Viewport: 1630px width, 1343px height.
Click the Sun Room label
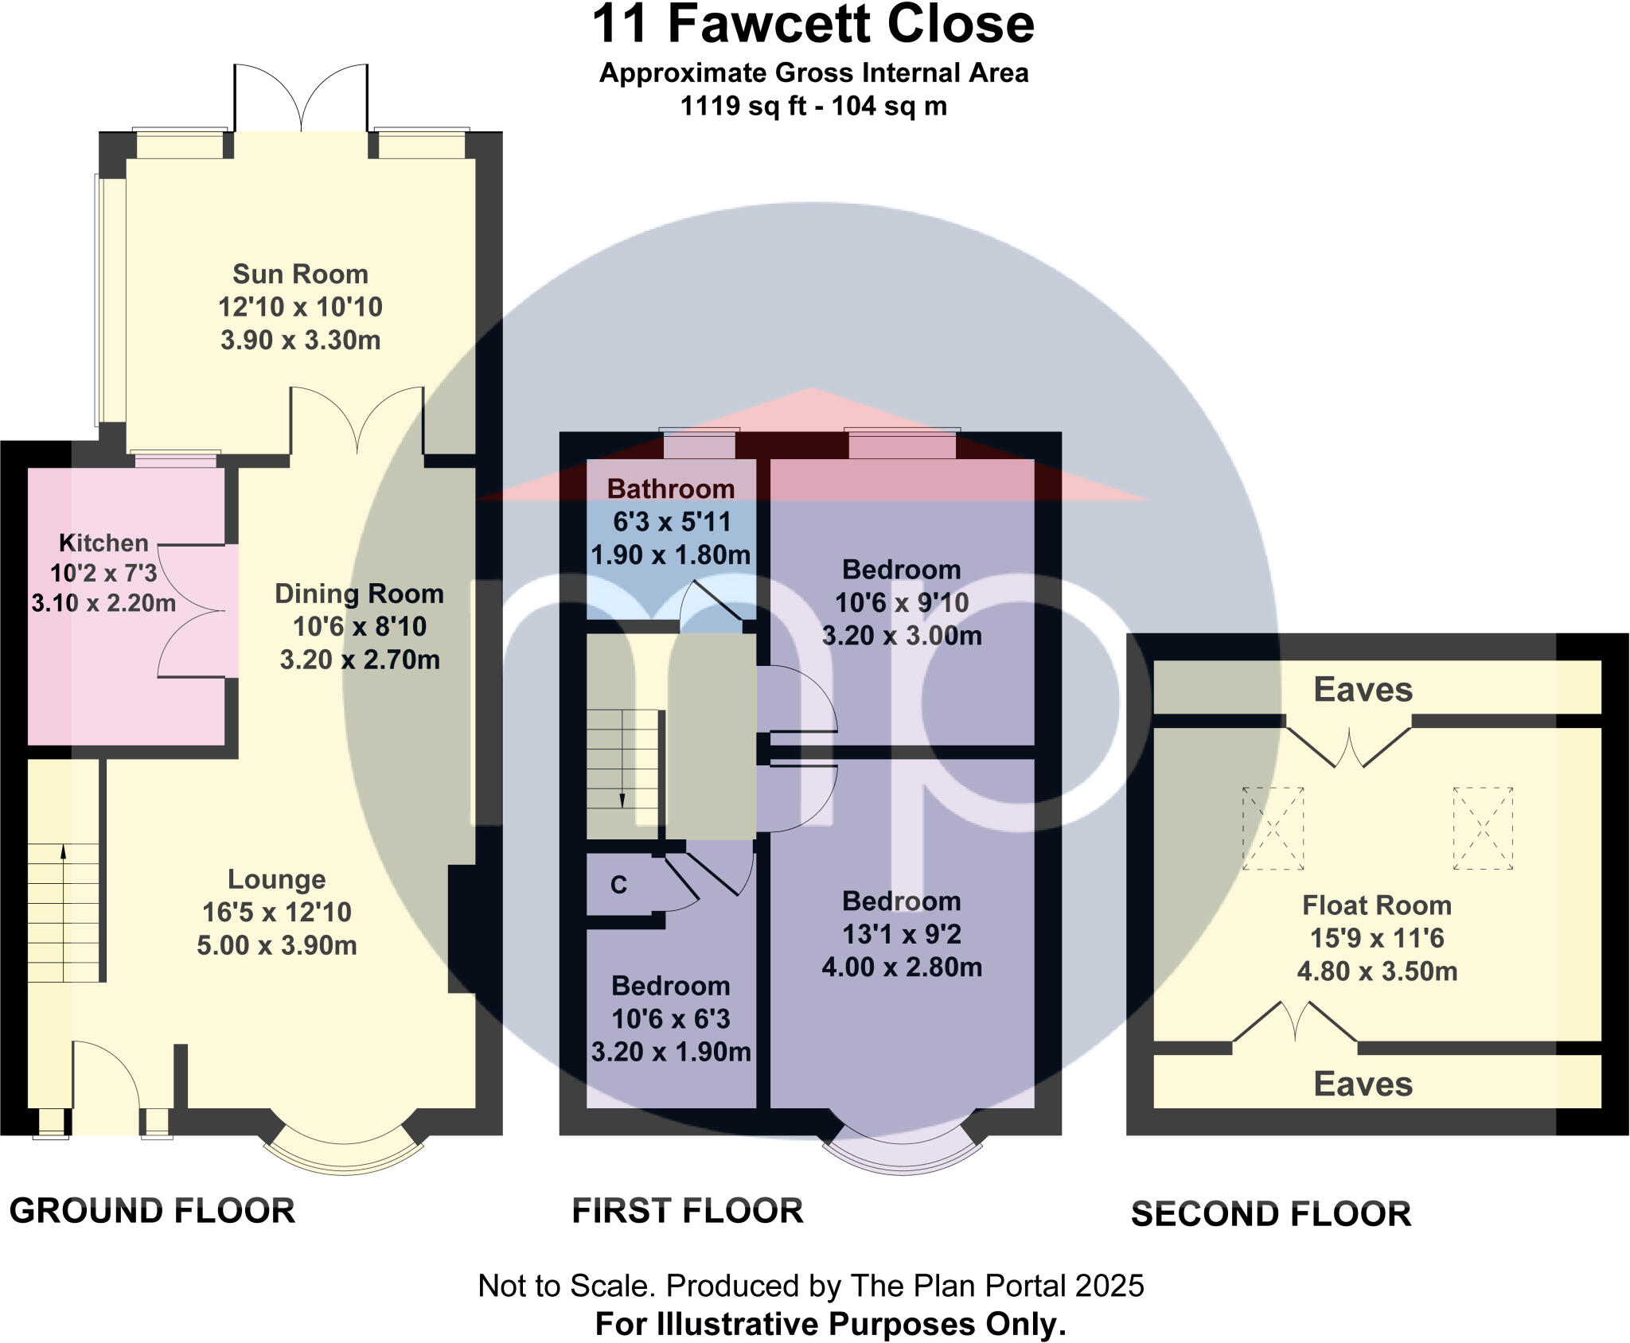coord(300,274)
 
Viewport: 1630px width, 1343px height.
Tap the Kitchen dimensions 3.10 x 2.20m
coord(103,603)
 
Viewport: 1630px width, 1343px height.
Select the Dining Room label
coord(359,594)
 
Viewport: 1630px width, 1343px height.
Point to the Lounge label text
coord(276,879)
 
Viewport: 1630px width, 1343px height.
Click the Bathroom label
coord(670,489)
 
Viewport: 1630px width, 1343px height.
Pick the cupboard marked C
coord(618,885)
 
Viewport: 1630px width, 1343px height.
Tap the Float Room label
coord(1376,905)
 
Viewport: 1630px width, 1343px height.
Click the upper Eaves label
coord(1363,690)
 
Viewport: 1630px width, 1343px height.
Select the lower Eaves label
coord(1363,1084)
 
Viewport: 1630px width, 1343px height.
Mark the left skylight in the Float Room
coord(1273,828)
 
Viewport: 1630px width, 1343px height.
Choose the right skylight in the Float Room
coord(1483,828)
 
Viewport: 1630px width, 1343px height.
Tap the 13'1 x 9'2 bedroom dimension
coord(902,934)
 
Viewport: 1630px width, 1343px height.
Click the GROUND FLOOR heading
coord(152,1211)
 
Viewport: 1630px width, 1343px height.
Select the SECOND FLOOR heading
coord(1270,1214)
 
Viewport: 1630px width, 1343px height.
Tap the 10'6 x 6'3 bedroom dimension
coord(670,1019)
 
